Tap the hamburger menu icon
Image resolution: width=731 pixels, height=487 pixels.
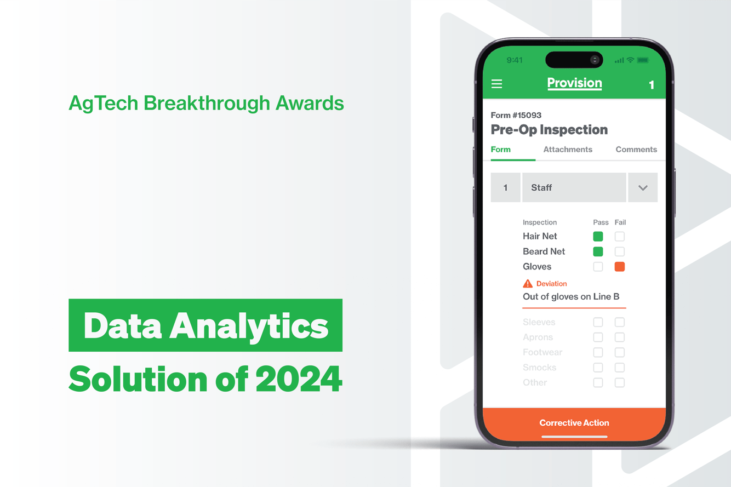[x=496, y=84]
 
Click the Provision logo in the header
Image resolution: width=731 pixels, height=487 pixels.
[x=574, y=83]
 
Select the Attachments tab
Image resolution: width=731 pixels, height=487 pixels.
[x=568, y=150]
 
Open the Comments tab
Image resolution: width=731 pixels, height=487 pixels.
[x=636, y=150]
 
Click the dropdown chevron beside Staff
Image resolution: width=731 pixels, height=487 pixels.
[x=643, y=188]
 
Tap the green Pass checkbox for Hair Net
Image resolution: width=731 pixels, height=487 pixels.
[x=598, y=237]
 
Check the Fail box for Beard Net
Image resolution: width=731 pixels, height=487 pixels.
[x=620, y=252]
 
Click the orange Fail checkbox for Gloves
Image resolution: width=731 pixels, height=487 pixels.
[x=620, y=267]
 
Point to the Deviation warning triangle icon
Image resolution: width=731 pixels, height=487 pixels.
[x=528, y=284]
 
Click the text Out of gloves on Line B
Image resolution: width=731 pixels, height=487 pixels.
[x=571, y=297]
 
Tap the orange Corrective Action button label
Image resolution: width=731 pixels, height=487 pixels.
[x=574, y=423]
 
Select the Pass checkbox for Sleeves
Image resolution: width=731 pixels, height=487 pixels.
[x=598, y=323]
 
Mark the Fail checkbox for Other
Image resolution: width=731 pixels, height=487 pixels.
[x=620, y=383]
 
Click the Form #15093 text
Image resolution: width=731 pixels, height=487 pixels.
[x=516, y=116]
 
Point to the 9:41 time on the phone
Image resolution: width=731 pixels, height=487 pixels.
[x=515, y=60]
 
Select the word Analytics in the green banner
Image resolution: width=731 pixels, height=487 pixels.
[x=249, y=326]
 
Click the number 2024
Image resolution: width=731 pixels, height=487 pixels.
[x=299, y=379]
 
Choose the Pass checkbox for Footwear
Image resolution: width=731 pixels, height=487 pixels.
[x=598, y=353]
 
